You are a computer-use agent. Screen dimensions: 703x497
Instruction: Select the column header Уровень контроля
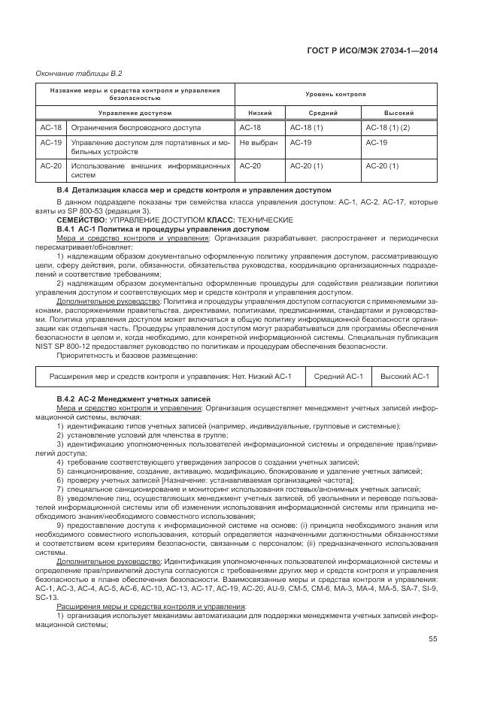tap(335, 95)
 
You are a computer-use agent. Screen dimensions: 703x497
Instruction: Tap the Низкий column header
tap(250, 113)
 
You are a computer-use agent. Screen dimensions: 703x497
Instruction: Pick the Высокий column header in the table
tap(399, 113)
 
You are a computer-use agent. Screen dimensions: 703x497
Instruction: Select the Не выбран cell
tap(259, 142)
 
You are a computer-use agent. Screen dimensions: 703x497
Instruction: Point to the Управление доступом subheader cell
tap(135, 113)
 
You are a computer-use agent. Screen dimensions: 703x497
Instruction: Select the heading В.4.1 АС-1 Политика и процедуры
tap(162, 229)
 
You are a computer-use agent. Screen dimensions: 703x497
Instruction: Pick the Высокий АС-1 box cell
tap(405, 376)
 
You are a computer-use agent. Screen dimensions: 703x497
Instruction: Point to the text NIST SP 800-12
tap(82, 346)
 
